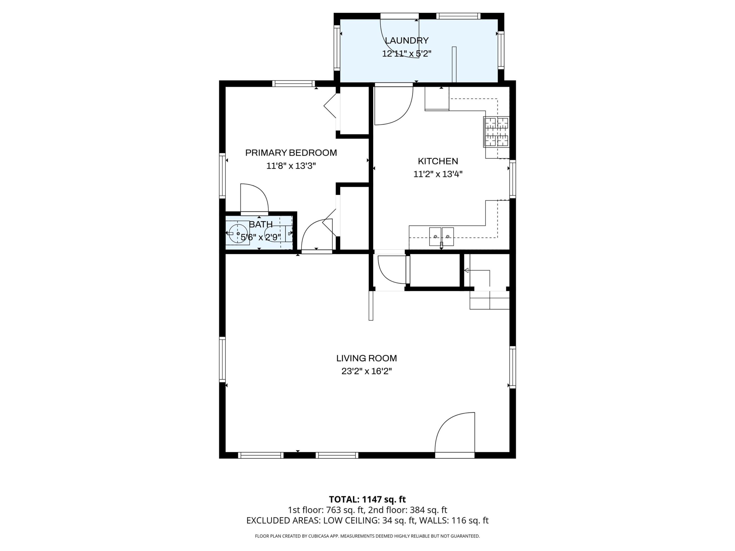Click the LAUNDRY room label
pos(407,40)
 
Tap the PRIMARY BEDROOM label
pos(291,153)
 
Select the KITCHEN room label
pos(438,161)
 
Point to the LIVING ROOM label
pos(367,358)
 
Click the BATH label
pos(261,224)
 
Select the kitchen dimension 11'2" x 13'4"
pos(438,174)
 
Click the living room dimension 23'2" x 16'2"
pos(367,371)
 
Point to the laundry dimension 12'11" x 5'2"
pos(407,53)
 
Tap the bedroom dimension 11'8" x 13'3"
pos(291,166)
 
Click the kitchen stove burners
pos(496,132)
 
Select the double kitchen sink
pos(442,236)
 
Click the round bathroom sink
pos(238,234)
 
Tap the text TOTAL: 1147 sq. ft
pos(367,509)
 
